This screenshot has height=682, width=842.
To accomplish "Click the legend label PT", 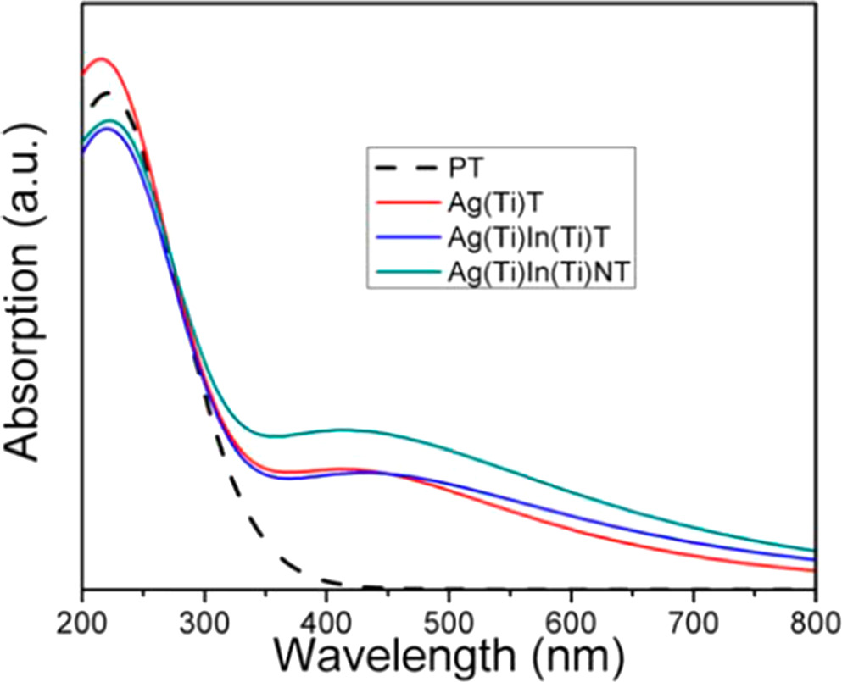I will tap(463, 169).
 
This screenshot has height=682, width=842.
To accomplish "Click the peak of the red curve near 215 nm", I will tap(101, 58).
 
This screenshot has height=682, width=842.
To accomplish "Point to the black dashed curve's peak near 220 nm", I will tap(106, 92).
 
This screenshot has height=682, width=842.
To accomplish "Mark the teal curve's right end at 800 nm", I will tap(814, 551).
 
